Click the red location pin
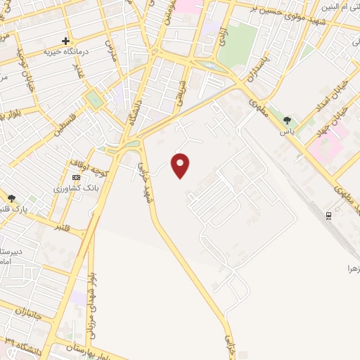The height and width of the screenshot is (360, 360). click(x=181, y=165)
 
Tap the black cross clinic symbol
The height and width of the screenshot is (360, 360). click(x=65, y=41)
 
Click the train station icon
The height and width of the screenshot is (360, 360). click(x=328, y=216)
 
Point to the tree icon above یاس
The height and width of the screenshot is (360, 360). click(x=286, y=120)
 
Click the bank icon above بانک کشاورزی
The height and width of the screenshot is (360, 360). click(x=75, y=179)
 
